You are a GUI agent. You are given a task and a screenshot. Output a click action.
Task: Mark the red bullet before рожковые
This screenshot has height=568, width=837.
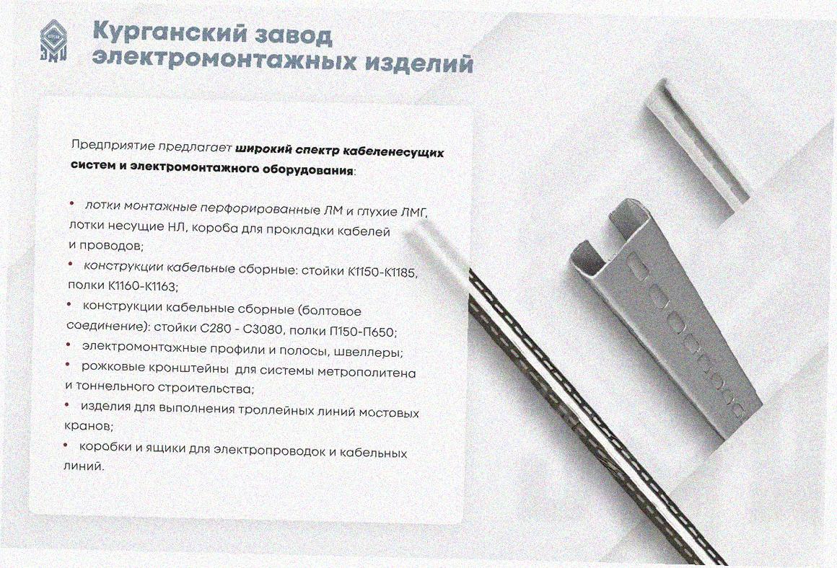pos(69,364)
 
